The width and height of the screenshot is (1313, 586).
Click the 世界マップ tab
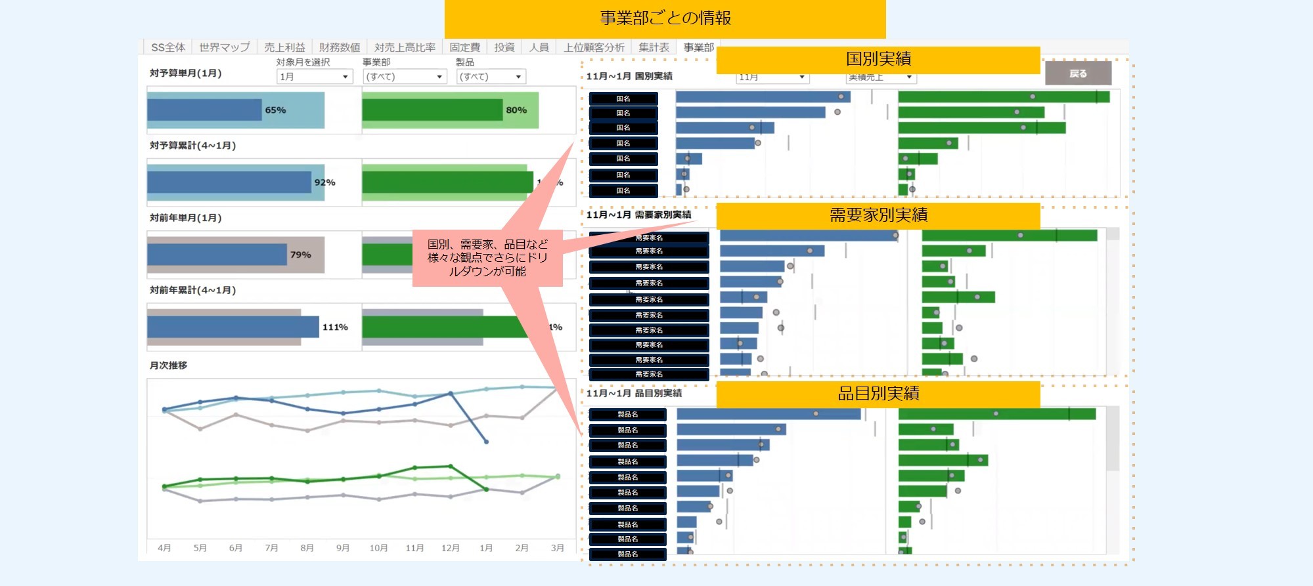(224, 47)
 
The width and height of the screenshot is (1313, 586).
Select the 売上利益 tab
(284, 47)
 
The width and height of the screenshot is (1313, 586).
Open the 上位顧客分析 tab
(594, 47)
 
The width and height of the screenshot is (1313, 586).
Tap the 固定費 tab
(464, 47)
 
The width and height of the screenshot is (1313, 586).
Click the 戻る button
(1078, 73)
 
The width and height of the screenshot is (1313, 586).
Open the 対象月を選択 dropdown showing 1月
(315, 77)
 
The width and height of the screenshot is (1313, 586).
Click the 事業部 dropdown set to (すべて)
(405, 77)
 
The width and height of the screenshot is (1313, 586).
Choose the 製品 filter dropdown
(491, 77)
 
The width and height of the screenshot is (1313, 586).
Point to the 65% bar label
(275, 110)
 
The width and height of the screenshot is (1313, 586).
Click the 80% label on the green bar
(516, 110)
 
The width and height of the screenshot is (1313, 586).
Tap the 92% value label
(324, 182)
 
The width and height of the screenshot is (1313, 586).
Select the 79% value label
(300, 255)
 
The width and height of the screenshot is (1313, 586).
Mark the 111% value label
(335, 327)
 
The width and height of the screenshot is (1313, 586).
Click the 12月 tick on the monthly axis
(450, 548)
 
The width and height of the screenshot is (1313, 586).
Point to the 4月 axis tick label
(164, 548)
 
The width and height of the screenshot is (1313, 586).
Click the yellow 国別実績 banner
(878, 59)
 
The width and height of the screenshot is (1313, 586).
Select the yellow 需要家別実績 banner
(878, 215)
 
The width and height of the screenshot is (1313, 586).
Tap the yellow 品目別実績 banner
(878, 394)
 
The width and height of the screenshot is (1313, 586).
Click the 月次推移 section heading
(168, 366)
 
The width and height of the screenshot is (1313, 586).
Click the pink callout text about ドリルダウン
(487, 258)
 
